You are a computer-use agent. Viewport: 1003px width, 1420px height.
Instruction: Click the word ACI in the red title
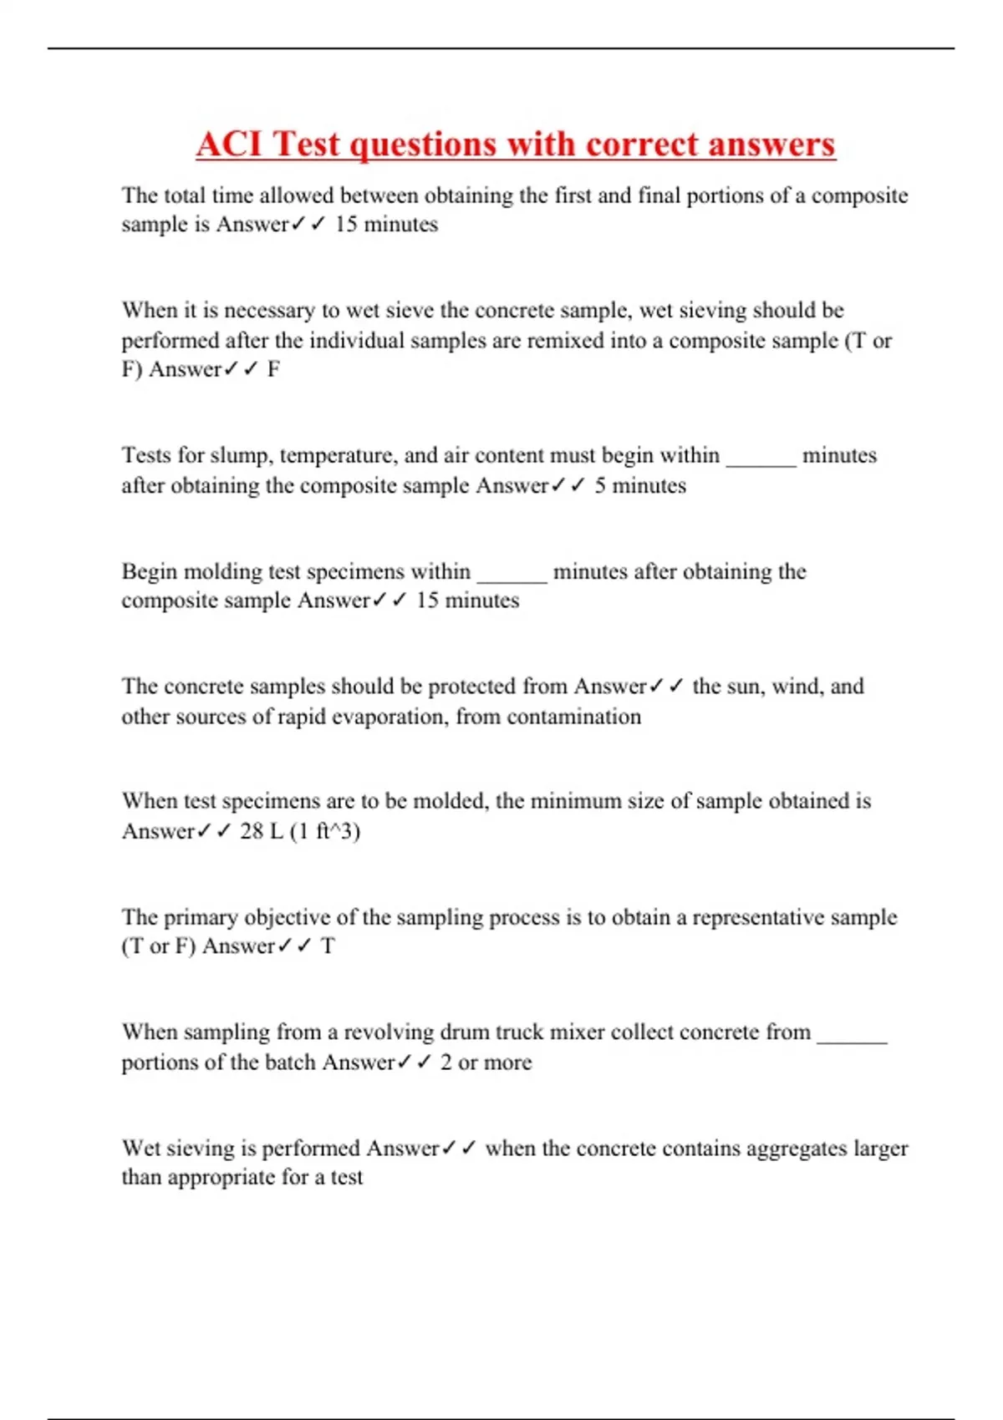click(x=230, y=144)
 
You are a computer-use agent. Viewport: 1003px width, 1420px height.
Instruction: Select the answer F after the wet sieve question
click(x=273, y=370)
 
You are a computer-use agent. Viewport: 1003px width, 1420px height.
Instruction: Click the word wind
click(x=795, y=687)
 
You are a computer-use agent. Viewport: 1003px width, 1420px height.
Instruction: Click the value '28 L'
click(x=262, y=831)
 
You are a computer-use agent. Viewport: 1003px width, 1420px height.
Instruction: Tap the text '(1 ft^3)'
click(x=325, y=832)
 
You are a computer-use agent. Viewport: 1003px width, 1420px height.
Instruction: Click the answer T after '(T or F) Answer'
click(x=328, y=946)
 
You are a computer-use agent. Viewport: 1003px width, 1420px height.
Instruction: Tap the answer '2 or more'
click(x=486, y=1062)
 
